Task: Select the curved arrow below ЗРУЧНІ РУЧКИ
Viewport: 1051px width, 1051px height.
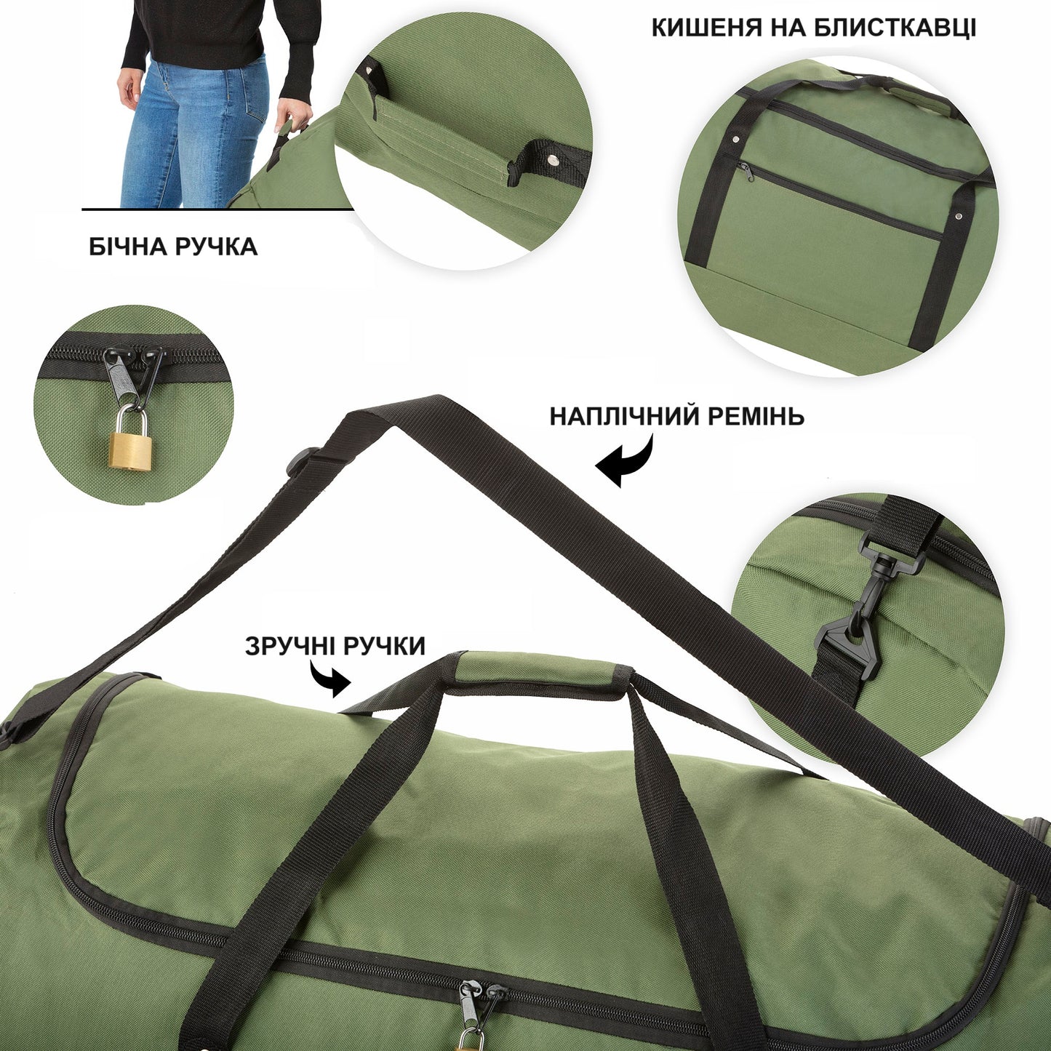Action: (x=331, y=679)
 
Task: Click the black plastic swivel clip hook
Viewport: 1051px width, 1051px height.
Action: (x=858, y=618)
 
